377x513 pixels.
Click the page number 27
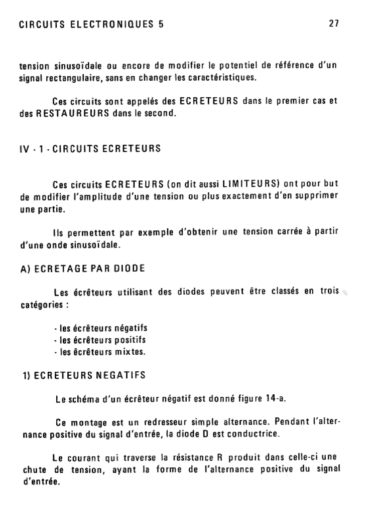click(x=334, y=24)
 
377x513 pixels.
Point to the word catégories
click(x=40, y=304)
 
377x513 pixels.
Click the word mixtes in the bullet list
click(x=130, y=352)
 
